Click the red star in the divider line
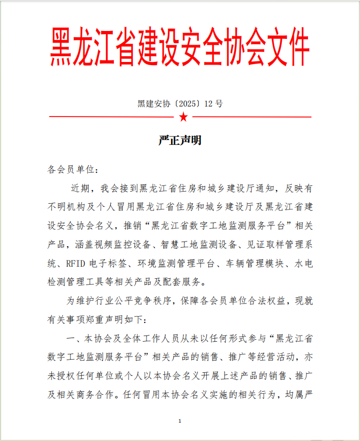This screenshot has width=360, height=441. (183, 116)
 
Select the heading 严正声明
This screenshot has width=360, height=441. (180, 141)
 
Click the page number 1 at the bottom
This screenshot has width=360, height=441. (180, 421)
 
